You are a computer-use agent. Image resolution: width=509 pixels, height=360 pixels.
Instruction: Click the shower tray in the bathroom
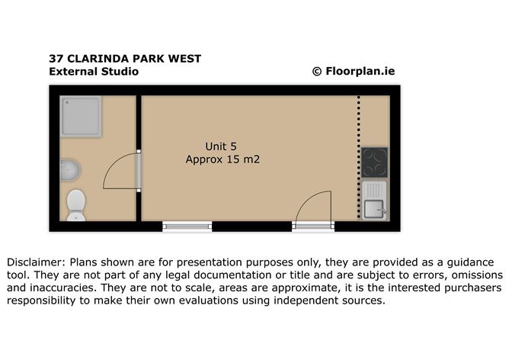point(81,116)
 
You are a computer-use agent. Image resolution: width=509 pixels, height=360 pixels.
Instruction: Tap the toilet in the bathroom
point(76,205)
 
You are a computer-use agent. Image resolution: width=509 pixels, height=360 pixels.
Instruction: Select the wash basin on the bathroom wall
point(70,170)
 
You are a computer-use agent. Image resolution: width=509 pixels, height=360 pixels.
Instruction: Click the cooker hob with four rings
point(375,162)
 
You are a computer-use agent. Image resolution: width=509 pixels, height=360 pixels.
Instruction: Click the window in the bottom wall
point(187,226)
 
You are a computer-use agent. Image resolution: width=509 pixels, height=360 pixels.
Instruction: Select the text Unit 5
point(221,146)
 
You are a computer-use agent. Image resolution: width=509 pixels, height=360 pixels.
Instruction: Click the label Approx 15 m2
point(222,159)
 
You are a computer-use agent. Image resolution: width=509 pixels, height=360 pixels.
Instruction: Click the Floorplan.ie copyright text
point(354,71)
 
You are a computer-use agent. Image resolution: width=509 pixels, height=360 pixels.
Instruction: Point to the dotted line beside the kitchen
point(359,157)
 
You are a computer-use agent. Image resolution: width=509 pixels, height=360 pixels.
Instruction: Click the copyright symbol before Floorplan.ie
point(317,72)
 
